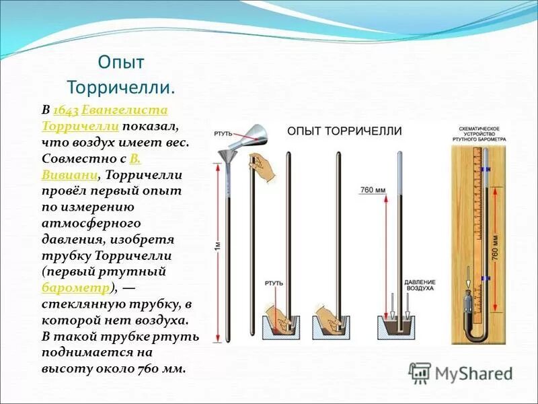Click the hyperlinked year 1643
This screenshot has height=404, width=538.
(x=66, y=110)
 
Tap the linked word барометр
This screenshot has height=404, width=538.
(x=75, y=288)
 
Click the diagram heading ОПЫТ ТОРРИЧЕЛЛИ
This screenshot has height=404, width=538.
(x=344, y=131)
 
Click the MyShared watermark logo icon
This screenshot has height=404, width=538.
(x=420, y=372)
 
